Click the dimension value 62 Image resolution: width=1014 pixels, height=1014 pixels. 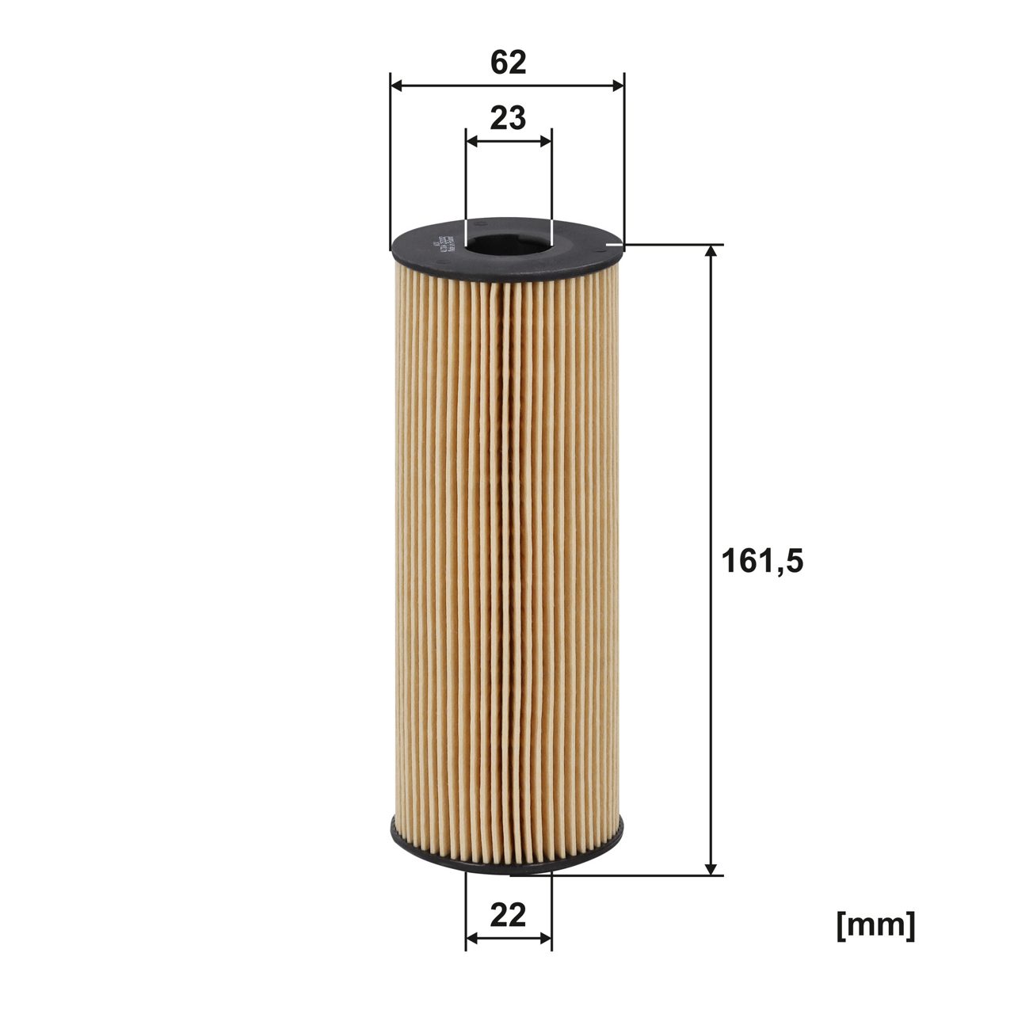508,62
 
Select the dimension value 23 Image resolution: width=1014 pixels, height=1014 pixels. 508,118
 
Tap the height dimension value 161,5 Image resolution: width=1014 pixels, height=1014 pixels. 762,561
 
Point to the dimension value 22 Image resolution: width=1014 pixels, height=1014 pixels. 508,916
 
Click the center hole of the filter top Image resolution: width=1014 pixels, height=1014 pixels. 508,239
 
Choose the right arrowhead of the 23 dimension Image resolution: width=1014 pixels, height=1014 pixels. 544,141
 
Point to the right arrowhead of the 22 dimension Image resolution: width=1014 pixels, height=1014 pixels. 544,939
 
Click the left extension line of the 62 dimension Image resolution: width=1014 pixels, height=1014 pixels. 391,158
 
